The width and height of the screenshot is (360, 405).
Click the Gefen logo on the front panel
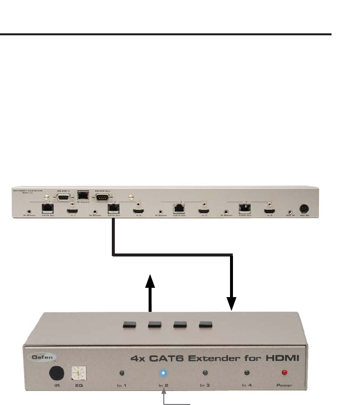[44, 357]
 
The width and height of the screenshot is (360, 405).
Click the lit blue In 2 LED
[163, 373]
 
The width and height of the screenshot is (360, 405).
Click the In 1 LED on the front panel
[121, 373]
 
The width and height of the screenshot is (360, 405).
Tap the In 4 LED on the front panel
[247, 373]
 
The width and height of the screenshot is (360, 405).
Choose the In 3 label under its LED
[205, 385]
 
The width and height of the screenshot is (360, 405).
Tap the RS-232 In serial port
[62, 198]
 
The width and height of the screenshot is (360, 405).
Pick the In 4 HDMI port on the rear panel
[269, 211]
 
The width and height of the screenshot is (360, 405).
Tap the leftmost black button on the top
[130, 324]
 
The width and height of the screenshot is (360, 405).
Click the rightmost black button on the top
[205, 324]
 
